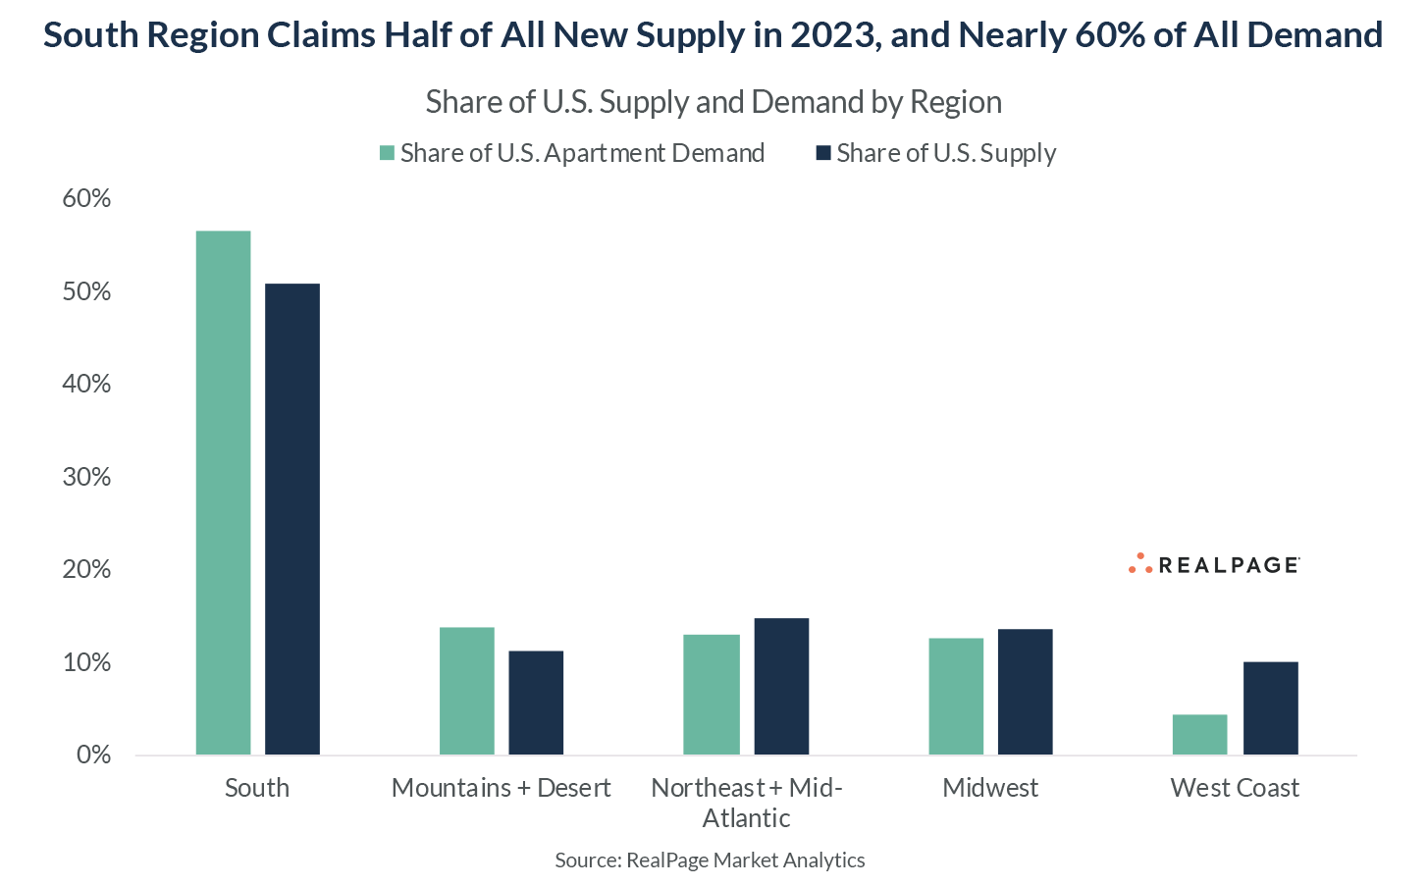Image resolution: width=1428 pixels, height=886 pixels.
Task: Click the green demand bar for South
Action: point(223,493)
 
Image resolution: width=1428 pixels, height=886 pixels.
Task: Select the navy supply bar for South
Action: point(292,519)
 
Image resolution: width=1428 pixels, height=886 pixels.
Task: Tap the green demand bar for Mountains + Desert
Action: point(467,691)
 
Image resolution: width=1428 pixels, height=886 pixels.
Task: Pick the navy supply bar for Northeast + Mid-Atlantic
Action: point(781,686)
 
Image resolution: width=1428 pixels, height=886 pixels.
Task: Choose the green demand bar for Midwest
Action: point(956,697)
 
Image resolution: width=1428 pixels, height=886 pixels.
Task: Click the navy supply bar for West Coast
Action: point(1270,708)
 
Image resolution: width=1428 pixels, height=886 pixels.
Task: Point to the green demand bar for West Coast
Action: point(1199,735)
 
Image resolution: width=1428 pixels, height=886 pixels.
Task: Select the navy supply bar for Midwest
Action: point(1025,692)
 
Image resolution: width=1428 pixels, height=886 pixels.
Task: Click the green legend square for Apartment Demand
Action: point(387,153)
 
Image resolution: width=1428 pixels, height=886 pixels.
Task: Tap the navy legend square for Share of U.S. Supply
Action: point(823,153)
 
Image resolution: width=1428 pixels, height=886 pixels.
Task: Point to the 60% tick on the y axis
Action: point(87,199)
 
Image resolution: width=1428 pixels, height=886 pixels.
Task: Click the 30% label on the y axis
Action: point(87,478)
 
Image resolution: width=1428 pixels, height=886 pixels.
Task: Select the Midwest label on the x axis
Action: point(990,788)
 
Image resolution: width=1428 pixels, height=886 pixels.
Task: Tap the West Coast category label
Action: point(1235,788)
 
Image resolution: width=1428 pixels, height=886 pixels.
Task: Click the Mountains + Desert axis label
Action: point(501,788)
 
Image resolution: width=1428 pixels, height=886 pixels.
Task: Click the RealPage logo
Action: point(1214,564)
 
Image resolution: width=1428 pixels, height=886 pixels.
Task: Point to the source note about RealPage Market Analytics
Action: point(710,860)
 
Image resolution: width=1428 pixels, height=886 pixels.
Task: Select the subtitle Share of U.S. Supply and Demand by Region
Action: point(714,102)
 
